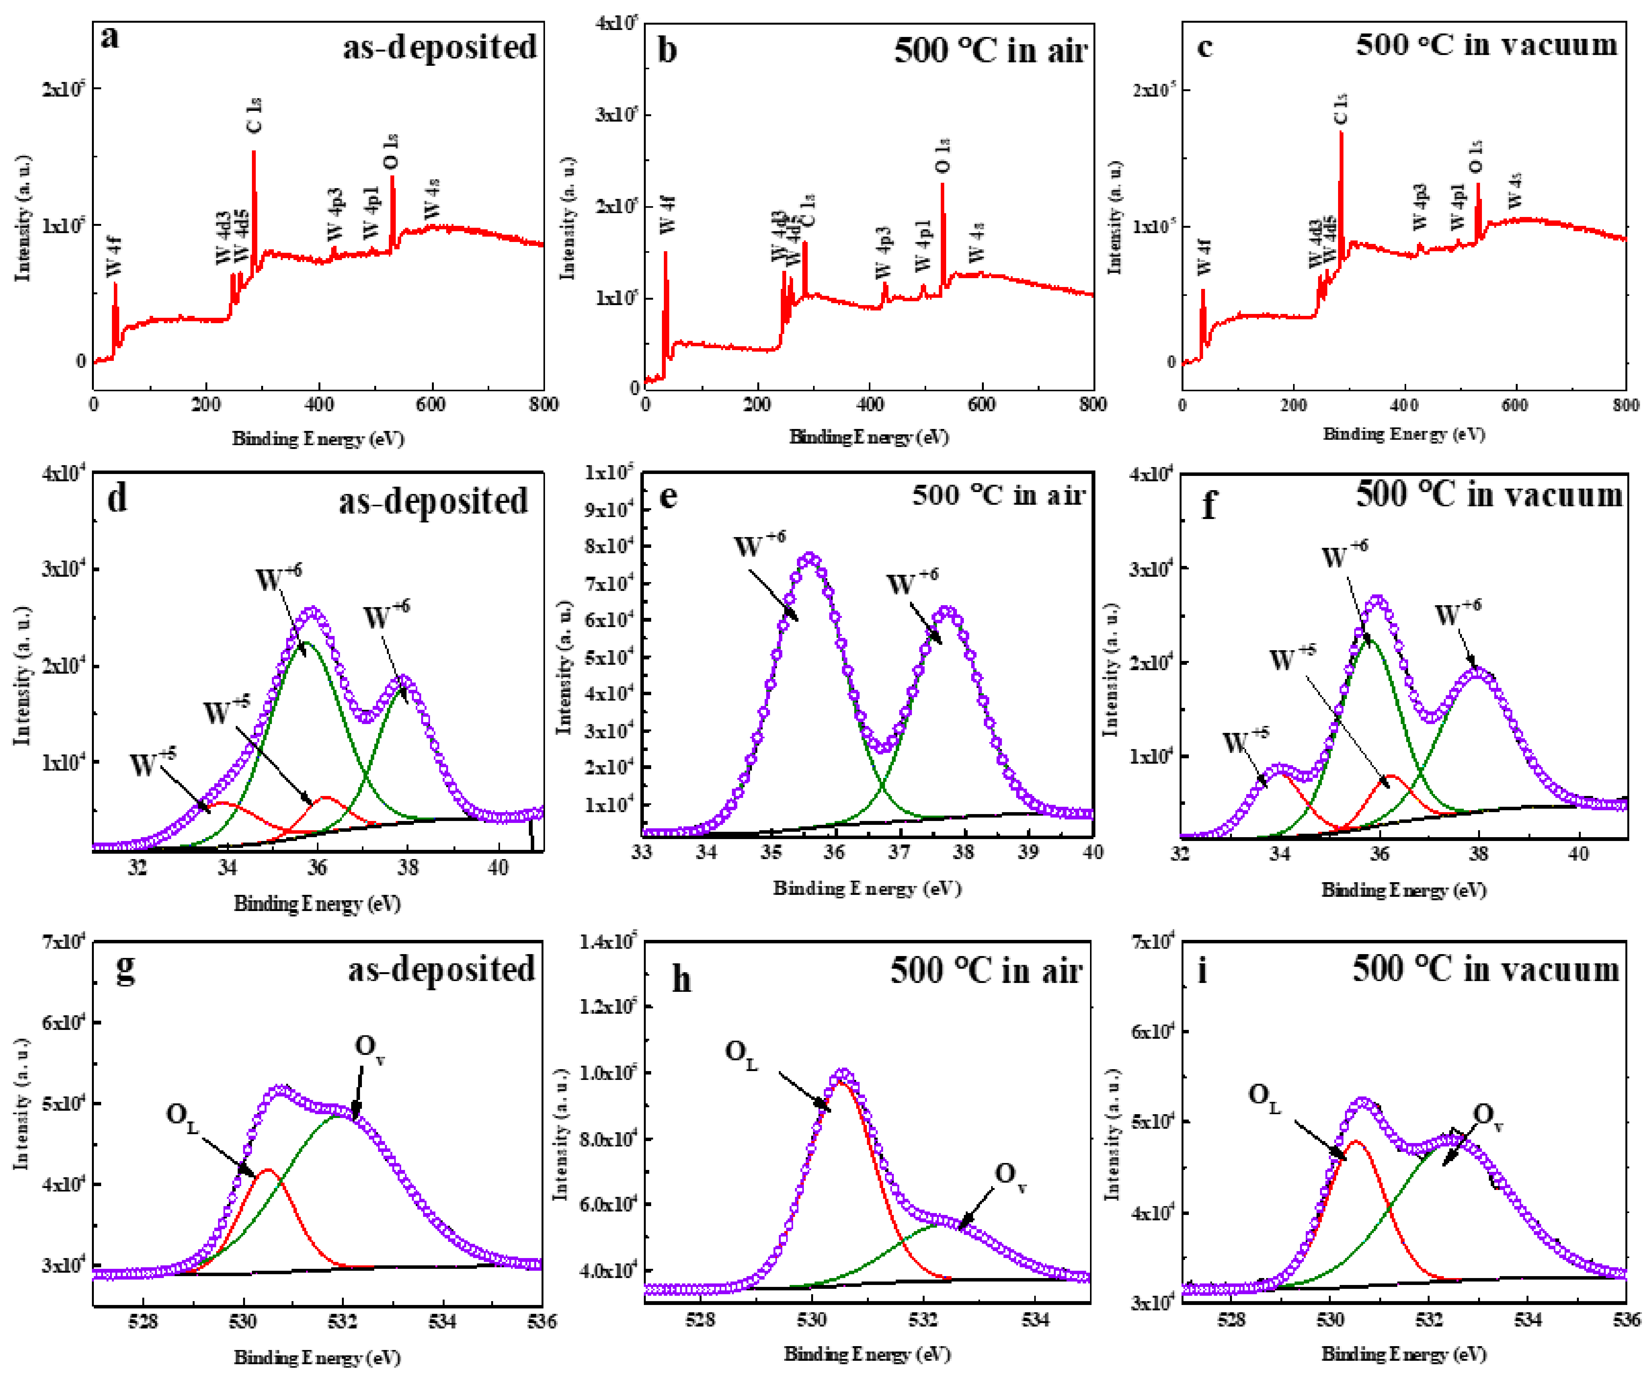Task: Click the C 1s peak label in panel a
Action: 254,115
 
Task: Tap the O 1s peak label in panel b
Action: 943,155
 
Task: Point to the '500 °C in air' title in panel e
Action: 998,495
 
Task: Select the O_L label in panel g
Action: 182,1116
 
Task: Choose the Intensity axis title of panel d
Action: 22,676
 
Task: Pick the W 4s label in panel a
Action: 432,199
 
